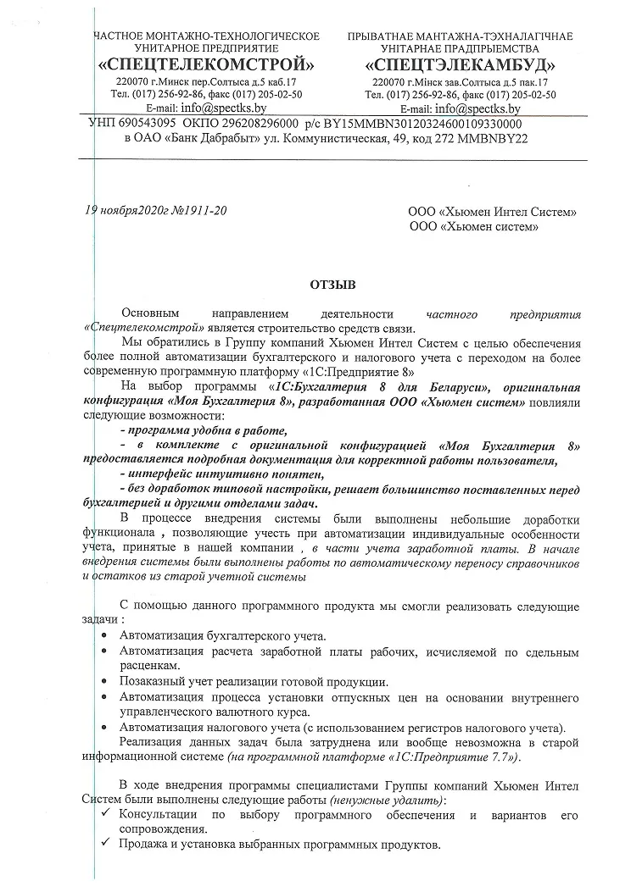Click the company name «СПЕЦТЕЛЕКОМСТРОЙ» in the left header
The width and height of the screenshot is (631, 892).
point(206,64)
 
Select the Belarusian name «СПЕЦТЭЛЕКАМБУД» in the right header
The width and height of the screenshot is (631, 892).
point(460,64)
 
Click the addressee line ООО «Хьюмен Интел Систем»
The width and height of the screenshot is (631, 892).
point(493,212)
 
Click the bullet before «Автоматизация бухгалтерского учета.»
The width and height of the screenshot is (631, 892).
point(104,635)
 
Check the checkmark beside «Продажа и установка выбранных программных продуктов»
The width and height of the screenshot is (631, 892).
point(104,845)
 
